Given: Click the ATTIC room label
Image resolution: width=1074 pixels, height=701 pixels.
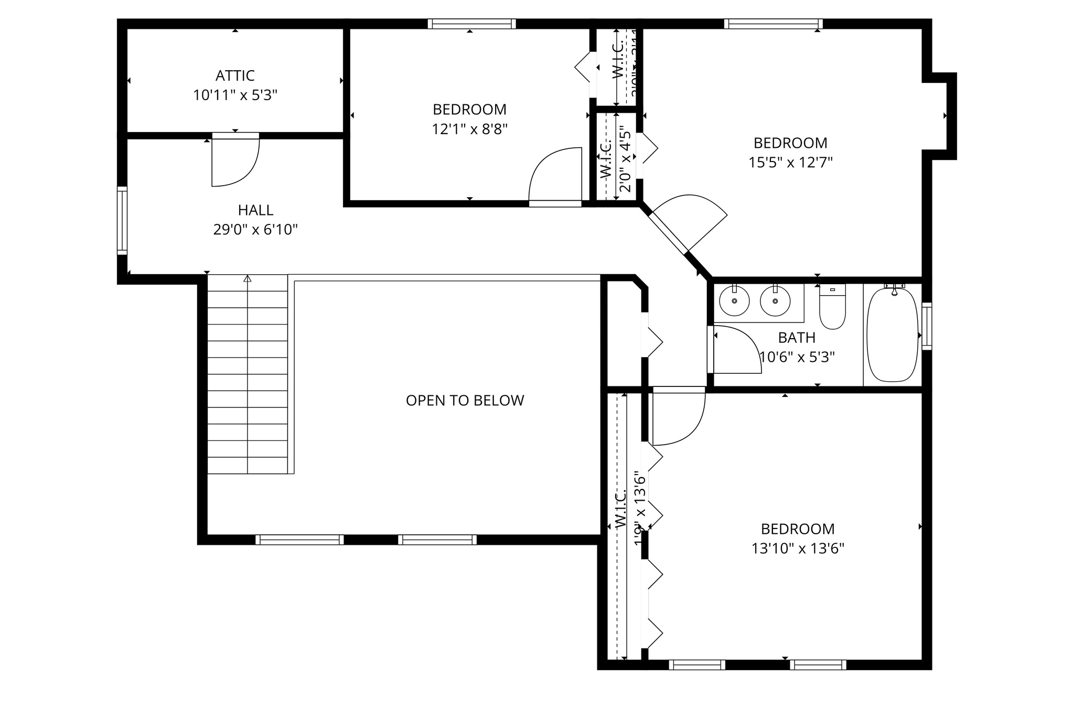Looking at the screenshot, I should tap(235, 76).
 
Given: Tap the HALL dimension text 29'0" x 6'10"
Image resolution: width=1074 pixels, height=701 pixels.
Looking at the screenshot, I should tap(255, 230).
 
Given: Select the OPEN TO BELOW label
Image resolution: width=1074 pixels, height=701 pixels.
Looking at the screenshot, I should tap(465, 401).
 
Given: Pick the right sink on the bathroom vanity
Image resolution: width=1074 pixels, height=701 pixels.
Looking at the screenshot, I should tap(775, 301).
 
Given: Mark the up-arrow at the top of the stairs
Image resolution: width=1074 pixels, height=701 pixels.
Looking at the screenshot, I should tap(248, 278).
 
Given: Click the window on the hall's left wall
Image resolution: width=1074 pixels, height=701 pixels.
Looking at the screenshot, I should tap(122, 220).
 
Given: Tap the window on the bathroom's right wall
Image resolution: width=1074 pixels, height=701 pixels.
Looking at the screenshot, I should tap(927, 326).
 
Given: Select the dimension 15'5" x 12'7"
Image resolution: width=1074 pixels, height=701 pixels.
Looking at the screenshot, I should tap(790, 163).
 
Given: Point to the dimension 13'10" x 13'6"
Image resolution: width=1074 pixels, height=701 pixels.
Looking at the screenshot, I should tap(798, 548).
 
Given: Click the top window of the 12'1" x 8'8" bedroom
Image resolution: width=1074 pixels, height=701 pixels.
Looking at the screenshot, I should tap(471, 24).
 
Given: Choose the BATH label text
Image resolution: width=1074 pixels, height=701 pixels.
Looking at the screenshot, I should tap(797, 338).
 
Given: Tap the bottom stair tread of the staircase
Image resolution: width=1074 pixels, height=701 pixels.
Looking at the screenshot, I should tap(248, 465).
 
